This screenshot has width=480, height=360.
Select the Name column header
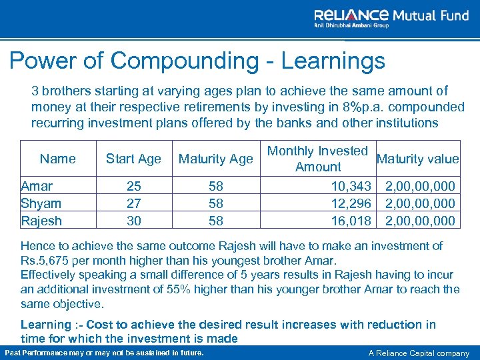point(58,159)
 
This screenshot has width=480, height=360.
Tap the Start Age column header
point(133,159)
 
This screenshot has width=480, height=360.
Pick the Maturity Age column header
point(216,159)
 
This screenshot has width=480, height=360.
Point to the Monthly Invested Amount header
point(318,159)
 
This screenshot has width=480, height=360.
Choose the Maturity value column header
point(417,159)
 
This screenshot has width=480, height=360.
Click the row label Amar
point(37,186)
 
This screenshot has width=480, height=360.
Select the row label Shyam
point(41,203)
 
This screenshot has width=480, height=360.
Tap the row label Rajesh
point(41,221)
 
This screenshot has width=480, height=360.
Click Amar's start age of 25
point(134,186)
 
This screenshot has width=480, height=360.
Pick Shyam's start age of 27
point(134,203)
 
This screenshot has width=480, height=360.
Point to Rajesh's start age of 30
point(134,221)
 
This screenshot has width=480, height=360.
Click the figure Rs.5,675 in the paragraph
point(45,260)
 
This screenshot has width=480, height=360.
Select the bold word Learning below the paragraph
point(45,325)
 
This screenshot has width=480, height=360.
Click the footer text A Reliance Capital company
point(419,352)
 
